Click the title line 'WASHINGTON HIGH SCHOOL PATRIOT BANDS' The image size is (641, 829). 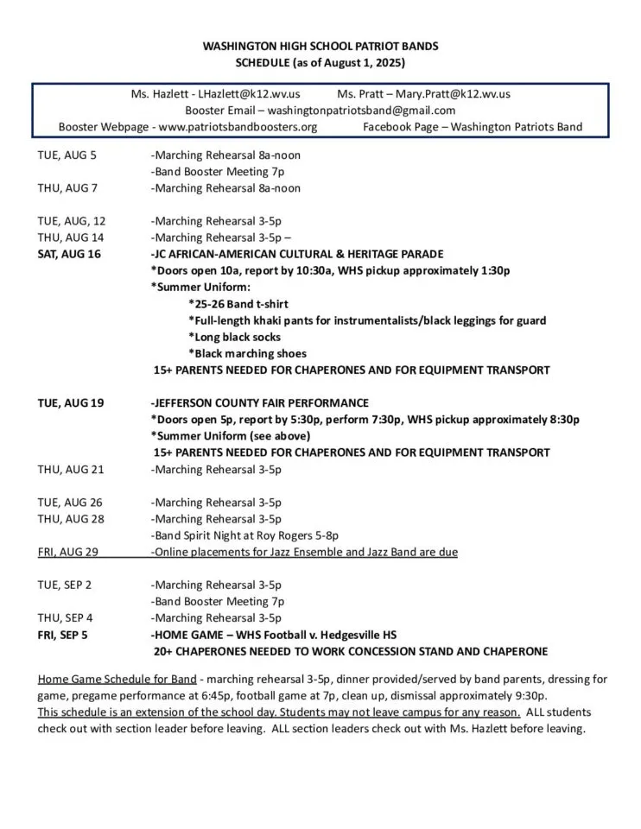320,46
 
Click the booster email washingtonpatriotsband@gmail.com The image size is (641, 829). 361,110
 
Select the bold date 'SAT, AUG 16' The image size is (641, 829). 69,254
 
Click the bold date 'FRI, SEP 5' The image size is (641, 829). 62,635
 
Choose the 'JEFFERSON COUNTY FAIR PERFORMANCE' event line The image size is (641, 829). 259,403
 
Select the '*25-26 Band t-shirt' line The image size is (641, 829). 238,304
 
